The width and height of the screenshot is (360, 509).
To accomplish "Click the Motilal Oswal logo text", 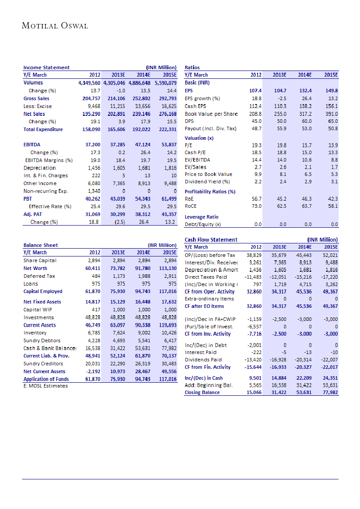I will (55, 26).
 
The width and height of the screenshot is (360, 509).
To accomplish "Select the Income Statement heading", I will (46, 67).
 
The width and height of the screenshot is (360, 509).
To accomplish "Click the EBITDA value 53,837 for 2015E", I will (167, 145).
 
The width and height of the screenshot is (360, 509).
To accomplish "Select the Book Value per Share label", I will (211, 114).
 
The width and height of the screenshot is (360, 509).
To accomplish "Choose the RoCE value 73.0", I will (256, 206).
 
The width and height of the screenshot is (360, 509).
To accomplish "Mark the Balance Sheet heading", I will (41, 245).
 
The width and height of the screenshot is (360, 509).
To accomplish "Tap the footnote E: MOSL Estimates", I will (46, 386).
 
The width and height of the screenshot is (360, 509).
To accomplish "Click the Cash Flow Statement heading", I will (211, 239).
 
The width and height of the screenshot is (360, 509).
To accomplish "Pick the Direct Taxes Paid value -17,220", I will (329, 276).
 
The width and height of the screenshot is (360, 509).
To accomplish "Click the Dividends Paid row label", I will (204, 360).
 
